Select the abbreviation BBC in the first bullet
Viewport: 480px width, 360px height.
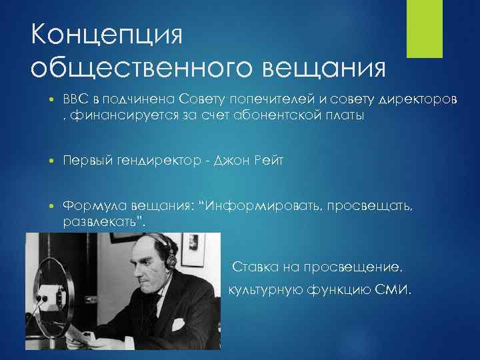click(x=77, y=99)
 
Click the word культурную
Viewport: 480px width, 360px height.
click(x=267, y=291)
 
